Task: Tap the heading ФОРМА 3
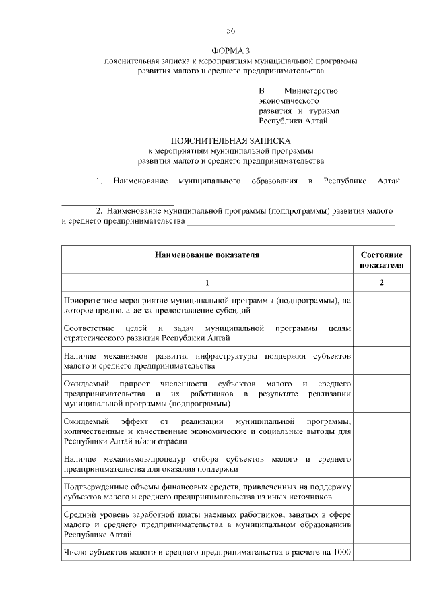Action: (x=230, y=51)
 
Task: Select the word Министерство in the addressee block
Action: (x=311, y=90)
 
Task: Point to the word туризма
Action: (x=325, y=111)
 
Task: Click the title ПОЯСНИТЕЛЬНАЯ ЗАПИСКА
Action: (x=230, y=141)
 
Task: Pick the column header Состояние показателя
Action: (x=382, y=260)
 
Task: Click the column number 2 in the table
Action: (x=382, y=282)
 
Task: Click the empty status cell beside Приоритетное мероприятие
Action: (x=382, y=305)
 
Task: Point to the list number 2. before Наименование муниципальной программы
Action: (x=99, y=210)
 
